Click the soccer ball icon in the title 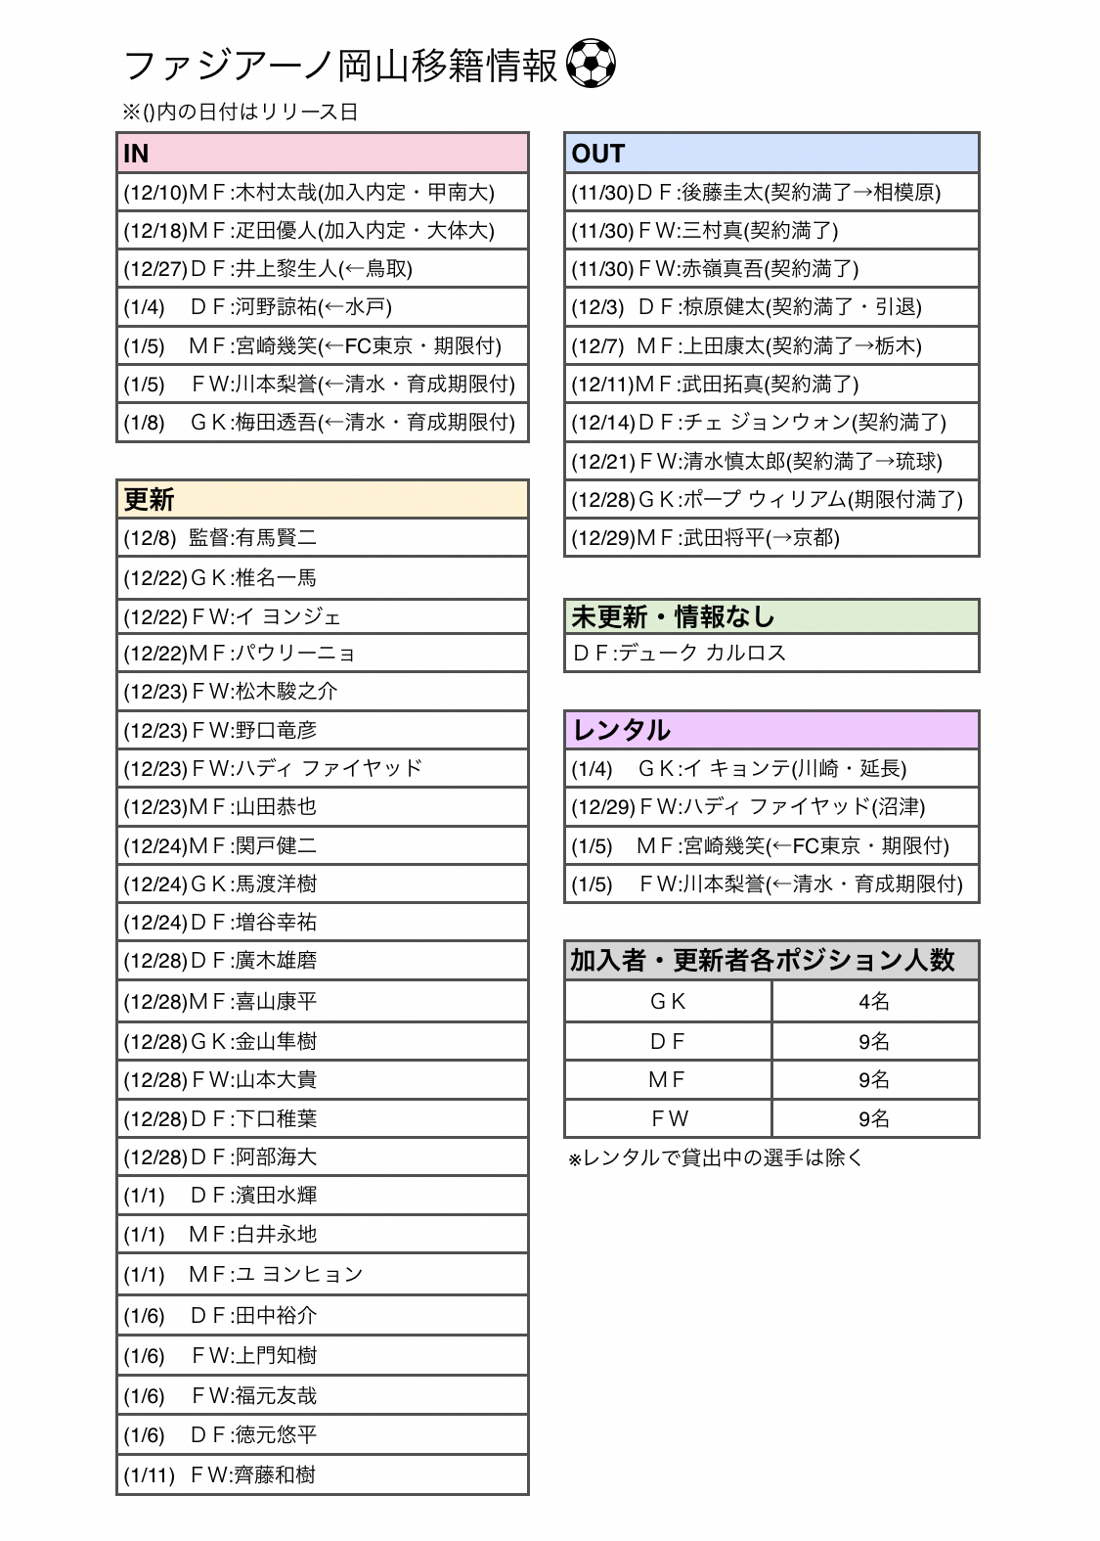pos(591,64)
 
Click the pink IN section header pos(322,154)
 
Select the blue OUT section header pos(771,154)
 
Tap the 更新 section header pos(322,499)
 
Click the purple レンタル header pos(771,730)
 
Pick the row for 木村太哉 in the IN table pos(322,192)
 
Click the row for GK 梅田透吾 pos(322,423)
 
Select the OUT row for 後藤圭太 pos(771,192)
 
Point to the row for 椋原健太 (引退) pos(771,307)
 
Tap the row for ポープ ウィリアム pos(771,499)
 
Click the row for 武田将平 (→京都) pos(771,538)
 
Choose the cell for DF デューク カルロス pos(771,653)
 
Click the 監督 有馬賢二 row pos(322,538)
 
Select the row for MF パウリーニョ pos(322,653)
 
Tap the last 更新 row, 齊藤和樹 pos(322,1474)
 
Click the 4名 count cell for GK pos(874,1001)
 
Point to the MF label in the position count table pos(668,1079)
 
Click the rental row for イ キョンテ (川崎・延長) pos(771,769)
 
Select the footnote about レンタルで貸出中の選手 pos(716,1158)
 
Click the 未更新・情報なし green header pos(771,616)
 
